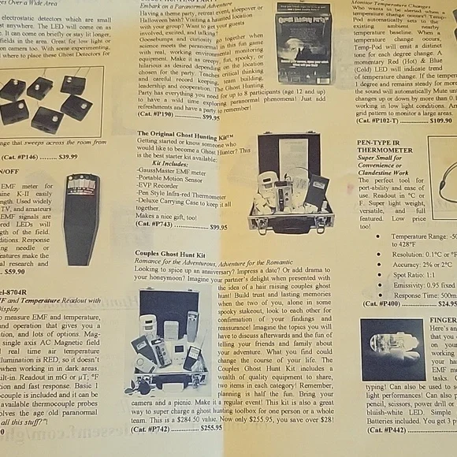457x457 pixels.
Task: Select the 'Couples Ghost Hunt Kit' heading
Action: [170, 254]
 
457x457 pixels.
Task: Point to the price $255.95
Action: [210, 428]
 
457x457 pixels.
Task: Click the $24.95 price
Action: [446, 303]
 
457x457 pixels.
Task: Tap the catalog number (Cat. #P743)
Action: [155, 225]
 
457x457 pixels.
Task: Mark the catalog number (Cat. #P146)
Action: [19, 157]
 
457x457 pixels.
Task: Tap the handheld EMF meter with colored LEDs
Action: [81, 218]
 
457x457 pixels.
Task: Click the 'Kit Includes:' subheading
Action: [173, 165]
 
